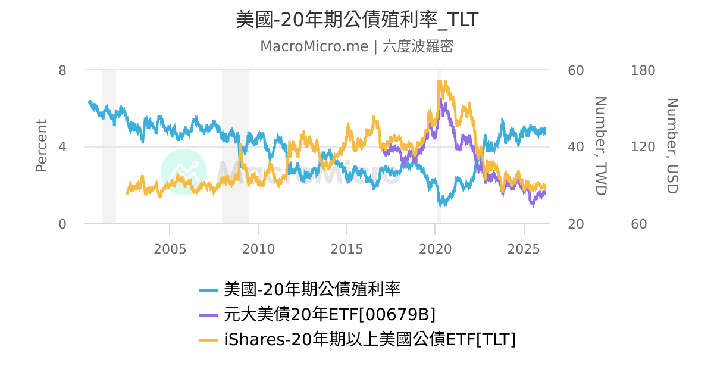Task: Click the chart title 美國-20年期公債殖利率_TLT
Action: pyautogui.click(x=357, y=20)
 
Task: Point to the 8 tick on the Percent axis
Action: pyautogui.click(x=62, y=70)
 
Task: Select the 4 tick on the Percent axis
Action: pyautogui.click(x=62, y=147)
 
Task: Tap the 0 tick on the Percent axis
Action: pyautogui.click(x=62, y=224)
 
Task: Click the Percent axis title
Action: pyautogui.click(x=41, y=146)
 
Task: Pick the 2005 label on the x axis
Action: pyautogui.click(x=170, y=249)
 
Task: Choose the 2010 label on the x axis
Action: pyautogui.click(x=258, y=249)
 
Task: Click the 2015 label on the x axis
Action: pyautogui.click(x=347, y=249)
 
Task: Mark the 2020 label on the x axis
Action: pyautogui.click(x=436, y=249)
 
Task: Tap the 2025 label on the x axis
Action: pyautogui.click(x=524, y=249)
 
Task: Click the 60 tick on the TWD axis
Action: pyautogui.click(x=576, y=70)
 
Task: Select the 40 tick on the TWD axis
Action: pyautogui.click(x=576, y=147)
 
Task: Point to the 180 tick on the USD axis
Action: pyautogui.click(x=643, y=70)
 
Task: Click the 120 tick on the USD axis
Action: pyautogui.click(x=643, y=147)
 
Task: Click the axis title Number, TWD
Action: pyautogui.click(x=600, y=146)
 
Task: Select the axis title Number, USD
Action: pyautogui.click(x=672, y=146)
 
